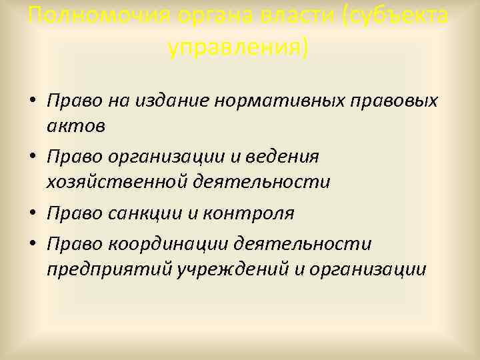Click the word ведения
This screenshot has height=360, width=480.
287,157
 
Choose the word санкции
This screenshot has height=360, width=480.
139,213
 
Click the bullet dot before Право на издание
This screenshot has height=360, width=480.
33,102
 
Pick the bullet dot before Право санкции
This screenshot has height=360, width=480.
33,214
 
